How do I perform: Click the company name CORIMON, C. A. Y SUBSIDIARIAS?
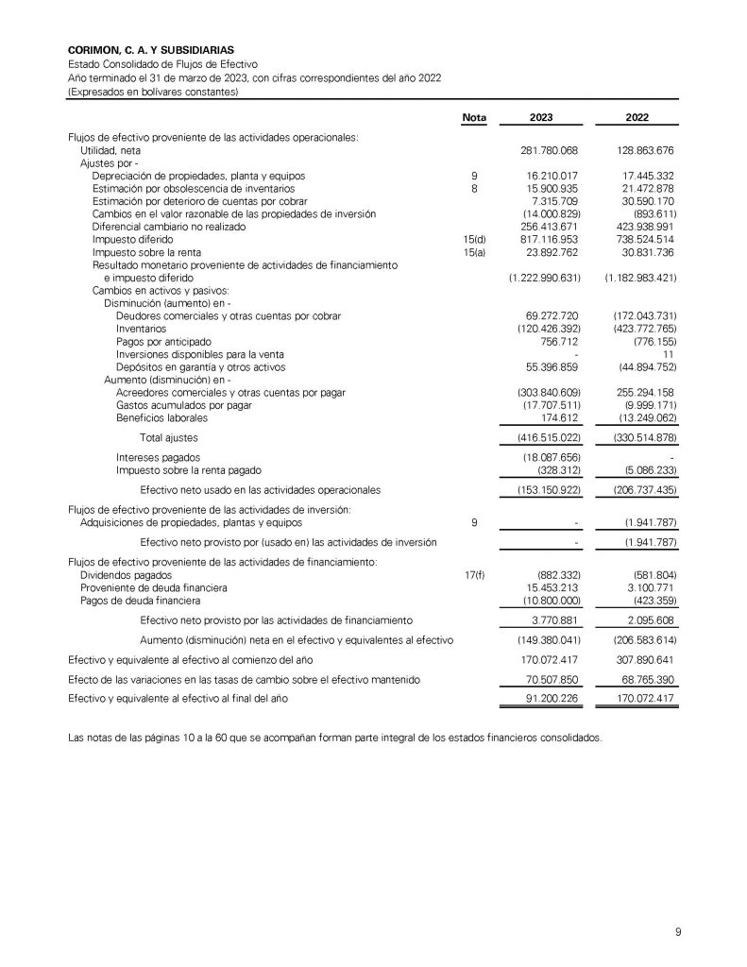[x=152, y=49]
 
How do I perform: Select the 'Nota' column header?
[x=474, y=118]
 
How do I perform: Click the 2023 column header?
[x=542, y=118]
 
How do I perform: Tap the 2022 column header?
[x=637, y=118]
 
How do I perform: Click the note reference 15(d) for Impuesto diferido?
[x=474, y=241]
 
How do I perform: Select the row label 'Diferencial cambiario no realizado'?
[x=168, y=228]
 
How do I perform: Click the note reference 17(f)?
[x=474, y=574]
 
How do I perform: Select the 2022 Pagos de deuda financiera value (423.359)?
[x=647, y=600]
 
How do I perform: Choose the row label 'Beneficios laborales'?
[x=162, y=417]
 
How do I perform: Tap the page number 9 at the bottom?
[x=677, y=932]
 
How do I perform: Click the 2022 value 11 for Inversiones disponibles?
[x=667, y=353]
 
